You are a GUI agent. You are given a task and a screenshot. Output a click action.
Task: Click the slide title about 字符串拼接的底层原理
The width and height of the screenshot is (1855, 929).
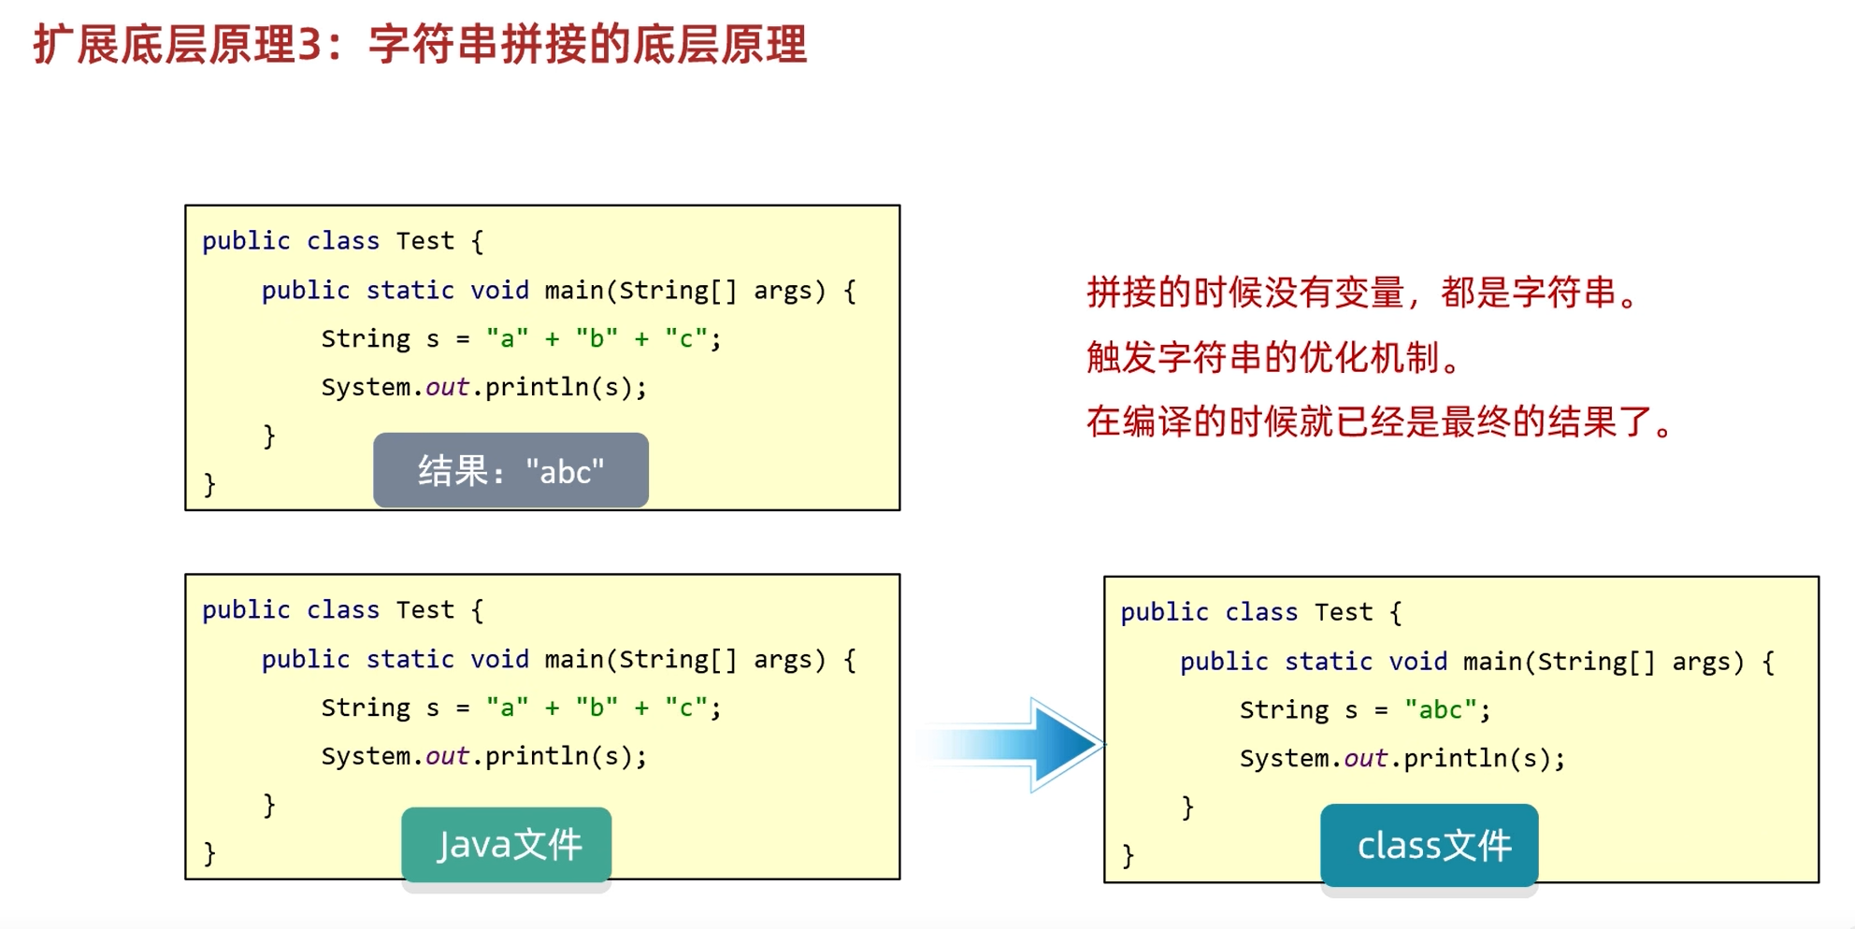pos(420,45)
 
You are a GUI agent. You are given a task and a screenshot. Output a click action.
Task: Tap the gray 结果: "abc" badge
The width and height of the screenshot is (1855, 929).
pos(510,470)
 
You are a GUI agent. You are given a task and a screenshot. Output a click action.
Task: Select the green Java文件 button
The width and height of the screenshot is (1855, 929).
pos(507,845)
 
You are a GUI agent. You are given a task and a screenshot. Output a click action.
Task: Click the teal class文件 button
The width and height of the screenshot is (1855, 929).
pos(1429,846)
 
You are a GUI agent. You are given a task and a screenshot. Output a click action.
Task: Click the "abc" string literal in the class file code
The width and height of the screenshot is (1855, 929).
pos(1441,710)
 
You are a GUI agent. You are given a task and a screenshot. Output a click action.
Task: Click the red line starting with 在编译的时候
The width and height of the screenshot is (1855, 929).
pos(1379,422)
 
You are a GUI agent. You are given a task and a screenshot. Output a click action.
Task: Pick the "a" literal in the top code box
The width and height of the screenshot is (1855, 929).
pos(507,339)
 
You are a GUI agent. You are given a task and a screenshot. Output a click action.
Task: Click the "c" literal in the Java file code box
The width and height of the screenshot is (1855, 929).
pos(686,708)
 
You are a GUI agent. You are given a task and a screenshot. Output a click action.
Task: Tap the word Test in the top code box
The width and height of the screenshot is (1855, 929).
pos(424,241)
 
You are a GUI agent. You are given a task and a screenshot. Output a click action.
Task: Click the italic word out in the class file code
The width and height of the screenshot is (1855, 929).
pos(1365,759)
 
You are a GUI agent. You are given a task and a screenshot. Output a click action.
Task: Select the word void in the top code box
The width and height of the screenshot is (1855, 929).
pos(499,291)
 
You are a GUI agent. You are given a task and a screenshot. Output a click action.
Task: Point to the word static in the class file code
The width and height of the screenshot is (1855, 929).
pos(1328,662)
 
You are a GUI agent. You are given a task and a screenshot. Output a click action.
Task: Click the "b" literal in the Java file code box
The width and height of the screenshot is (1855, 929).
pos(597,708)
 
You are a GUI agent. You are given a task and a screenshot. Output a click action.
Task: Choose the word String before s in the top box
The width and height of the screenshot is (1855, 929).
pos(366,339)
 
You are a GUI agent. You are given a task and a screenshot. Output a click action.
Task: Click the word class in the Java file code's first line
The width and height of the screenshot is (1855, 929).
pos(343,610)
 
